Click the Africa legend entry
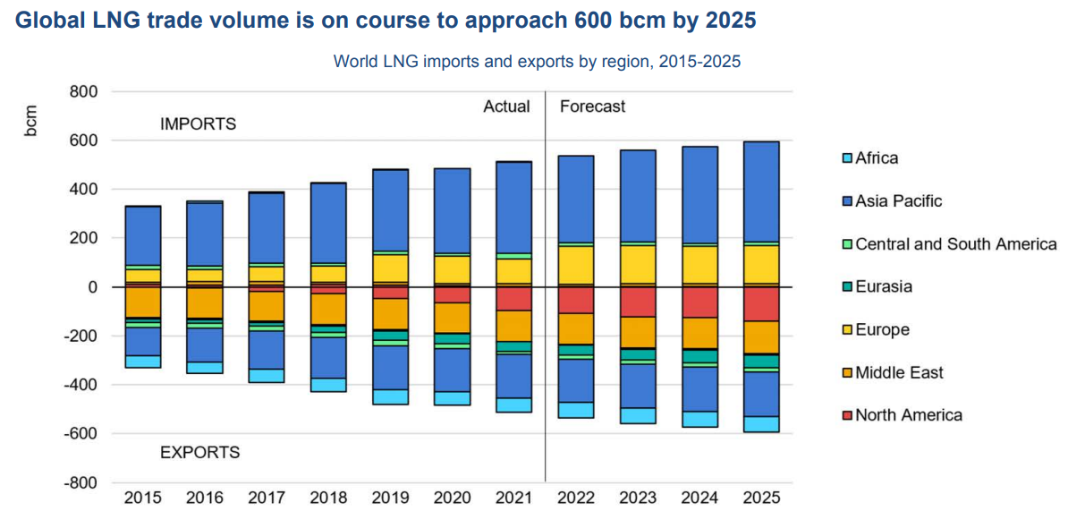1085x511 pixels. tap(870, 158)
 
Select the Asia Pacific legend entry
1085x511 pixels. tap(892, 201)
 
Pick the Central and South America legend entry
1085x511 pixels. tap(949, 244)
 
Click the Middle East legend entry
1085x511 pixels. tap(892, 373)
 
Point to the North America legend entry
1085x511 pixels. tap(902, 415)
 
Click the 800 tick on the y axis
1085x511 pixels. tap(83, 92)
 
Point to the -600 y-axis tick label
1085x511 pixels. tap(81, 434)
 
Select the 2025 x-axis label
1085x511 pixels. tap(760, 497)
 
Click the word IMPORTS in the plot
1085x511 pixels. tap(198, 124)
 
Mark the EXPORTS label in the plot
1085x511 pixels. tap(199, 453)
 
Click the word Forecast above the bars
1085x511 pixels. tap(592, 106)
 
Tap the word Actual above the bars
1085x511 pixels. tap(506, 106)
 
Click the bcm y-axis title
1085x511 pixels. tap(31, 121)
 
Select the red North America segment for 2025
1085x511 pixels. tap(760, 304)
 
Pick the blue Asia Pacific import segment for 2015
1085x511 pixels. tap(143, 235)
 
